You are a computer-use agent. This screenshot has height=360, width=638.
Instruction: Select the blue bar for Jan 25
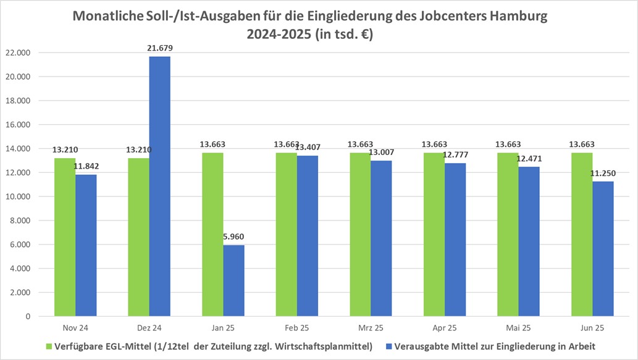[233, 281]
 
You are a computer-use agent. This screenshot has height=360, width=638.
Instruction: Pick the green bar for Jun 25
[582, 235]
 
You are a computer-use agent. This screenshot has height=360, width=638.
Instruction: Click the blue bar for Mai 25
[529, 241]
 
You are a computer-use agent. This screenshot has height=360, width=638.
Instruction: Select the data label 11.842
[86, 167]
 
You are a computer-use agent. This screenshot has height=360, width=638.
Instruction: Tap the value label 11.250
[603, 174]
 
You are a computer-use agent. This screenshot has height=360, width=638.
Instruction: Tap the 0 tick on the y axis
[28, 316]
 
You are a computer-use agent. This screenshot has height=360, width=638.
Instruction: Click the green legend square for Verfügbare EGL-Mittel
[49, 346]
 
